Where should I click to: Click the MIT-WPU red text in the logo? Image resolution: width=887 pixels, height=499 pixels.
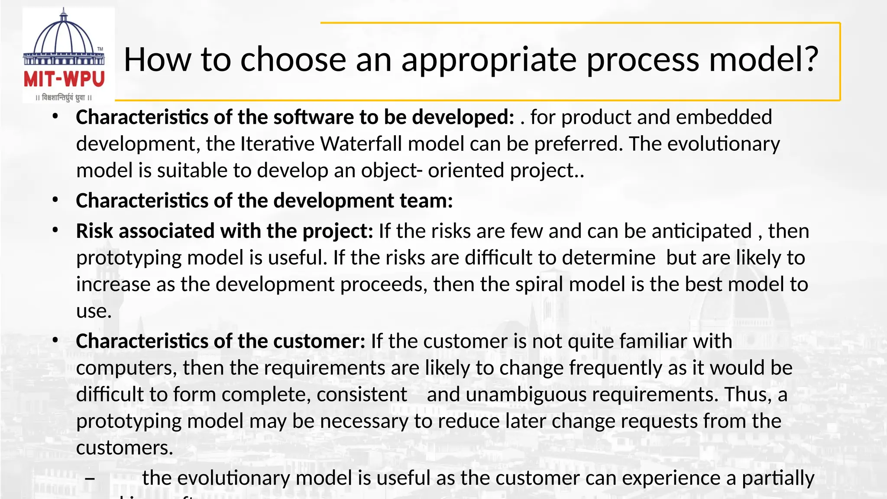click(x=64, y=80)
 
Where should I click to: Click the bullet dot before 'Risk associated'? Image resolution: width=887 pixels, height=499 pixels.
click(x=55, y=230)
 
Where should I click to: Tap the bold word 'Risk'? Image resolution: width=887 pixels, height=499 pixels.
click(x=95, y=231)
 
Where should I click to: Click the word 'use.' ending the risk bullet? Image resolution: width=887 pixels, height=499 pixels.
click(x=94, y=311)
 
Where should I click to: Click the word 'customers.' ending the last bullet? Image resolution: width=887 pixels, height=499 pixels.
click(x=125, y=448)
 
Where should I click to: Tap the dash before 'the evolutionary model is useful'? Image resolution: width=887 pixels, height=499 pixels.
click(x=90, y=479)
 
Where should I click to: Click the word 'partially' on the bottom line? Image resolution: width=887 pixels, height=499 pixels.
click(x=778, y=479)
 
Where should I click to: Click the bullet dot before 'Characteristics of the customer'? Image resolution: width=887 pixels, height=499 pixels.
click(x=55, y=340)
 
